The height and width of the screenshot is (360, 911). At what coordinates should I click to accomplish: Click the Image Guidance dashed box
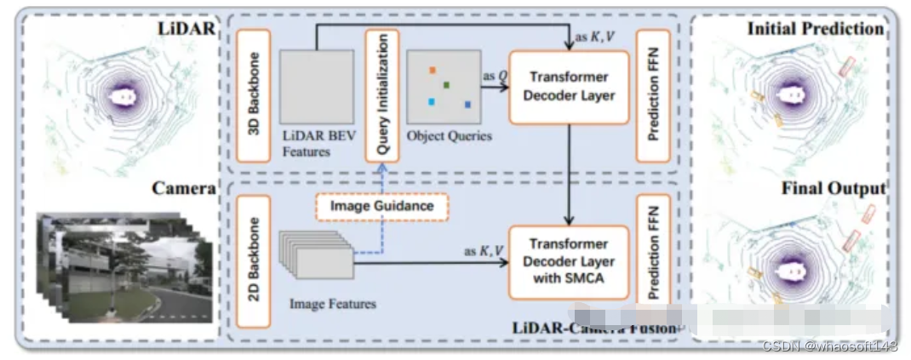point(381,206)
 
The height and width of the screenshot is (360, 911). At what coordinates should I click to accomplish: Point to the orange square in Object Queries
point(433,70)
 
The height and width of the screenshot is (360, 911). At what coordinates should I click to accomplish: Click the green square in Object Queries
point(445,85)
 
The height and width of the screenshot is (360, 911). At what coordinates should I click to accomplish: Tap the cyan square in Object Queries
point(432,102)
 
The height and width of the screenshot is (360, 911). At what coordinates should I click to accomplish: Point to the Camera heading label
point(182,188)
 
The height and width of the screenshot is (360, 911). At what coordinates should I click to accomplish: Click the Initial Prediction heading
point(815,29)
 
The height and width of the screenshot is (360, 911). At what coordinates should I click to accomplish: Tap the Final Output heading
point(834,188)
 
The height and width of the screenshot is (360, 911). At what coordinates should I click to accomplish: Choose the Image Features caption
point(333,303)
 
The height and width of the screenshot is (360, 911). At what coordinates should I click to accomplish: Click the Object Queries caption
point(449,136)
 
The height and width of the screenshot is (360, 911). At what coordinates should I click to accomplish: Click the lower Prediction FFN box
point(654,262)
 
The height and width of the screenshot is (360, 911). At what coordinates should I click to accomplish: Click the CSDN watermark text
point(829,346)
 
